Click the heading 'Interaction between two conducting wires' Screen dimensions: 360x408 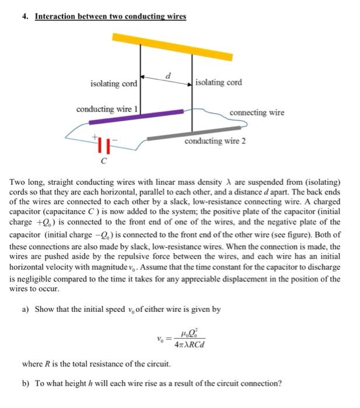click(x=110, y=16)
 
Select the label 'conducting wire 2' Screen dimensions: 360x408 click(x=215, y=141)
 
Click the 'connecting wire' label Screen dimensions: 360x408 click(x=257, y=112)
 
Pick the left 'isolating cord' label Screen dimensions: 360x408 click(x=113, y=84)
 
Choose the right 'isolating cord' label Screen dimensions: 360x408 click(x=219, y=83)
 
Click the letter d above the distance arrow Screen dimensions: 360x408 click(x=168, y=75)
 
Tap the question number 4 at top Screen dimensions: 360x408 click(x=25, y=16)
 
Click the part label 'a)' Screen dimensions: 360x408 click(x=26, y=309)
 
